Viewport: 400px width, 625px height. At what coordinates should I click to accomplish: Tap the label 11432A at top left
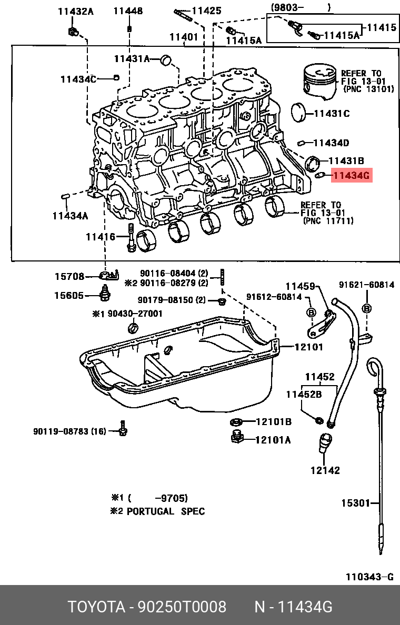click(x=76, y=11)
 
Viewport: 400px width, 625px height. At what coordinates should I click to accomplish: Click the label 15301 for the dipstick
click(x=355, y=503)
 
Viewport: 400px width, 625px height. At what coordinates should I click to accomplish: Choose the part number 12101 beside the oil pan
click(x=309, y=347)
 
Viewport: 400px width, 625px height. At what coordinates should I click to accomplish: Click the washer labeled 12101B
click(x=236, y=421)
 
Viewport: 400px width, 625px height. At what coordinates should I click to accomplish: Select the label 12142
click(x=325, y=470)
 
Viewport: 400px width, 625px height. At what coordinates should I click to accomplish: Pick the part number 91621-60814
click(x=366, y=285)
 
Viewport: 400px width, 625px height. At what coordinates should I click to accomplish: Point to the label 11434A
click(x=70, y=215)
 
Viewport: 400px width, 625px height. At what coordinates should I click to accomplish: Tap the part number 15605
click(x=68, y=295)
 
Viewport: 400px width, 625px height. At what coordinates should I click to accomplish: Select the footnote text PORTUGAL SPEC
click(x=166, y=511)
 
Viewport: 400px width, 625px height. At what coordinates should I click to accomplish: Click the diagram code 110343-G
click(x=369, y=577)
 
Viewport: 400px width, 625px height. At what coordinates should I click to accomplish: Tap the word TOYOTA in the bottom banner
click(x=95, y=607)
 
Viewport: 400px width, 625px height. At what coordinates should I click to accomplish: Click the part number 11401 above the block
click(x=184, y=37)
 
